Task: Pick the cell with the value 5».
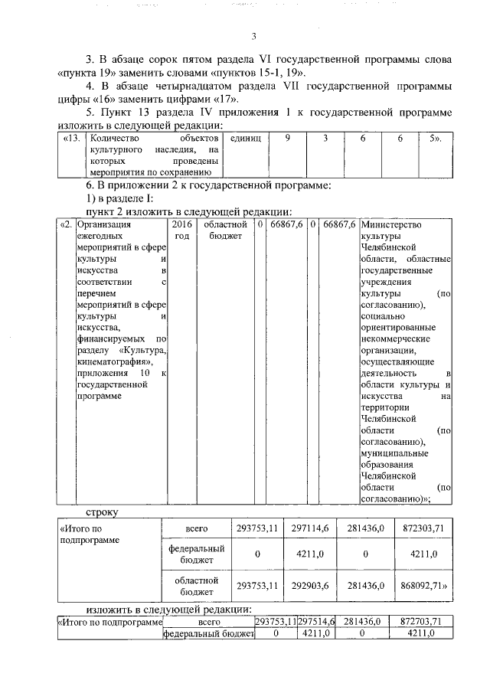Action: tap(437, 140)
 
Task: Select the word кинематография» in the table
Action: tap(109, 362)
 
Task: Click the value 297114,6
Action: tap(310, 528)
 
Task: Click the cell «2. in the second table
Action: tap(67, 225)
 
